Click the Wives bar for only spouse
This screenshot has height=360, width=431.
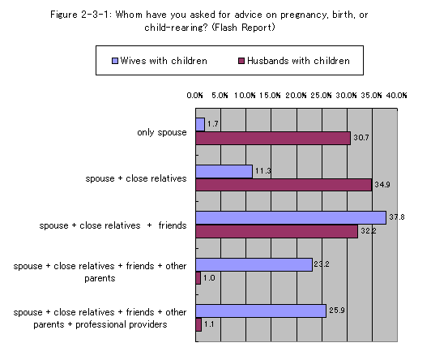coord(200,125)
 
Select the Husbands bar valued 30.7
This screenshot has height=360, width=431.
coord(273,138)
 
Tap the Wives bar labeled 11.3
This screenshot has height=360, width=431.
coord(224,172)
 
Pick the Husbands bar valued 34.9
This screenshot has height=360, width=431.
coord(284,185)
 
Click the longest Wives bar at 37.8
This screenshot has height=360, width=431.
coord(291,218)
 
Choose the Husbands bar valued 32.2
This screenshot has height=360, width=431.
coord(277,231)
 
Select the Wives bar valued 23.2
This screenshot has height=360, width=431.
coord(254,264)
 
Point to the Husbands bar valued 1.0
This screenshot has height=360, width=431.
coord(198,278)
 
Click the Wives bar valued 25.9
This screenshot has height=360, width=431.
coord(261,311)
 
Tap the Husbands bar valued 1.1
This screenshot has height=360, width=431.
coord(198,324)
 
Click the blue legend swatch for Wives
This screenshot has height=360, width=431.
coord(115,61)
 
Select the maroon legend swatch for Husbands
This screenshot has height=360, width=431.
coord(241,61)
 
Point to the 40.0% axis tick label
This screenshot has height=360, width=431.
coord(396,96)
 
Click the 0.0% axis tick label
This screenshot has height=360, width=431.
coord(194,96)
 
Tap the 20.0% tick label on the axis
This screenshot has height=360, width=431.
coord(296,96)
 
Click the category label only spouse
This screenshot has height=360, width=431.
coord(162,132)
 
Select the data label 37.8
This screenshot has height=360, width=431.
coord(397,217)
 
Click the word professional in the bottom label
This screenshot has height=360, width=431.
coord(101,324)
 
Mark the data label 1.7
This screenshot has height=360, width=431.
coord(213,124)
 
